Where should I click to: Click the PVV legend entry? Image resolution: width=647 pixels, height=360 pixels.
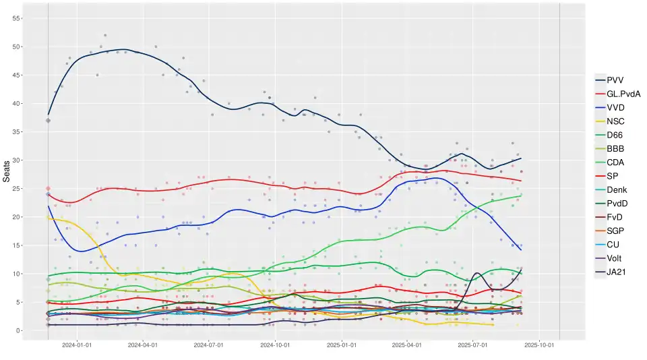click(x=615, y=80)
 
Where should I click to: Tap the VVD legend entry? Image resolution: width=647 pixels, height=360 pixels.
click(x=615, y=107)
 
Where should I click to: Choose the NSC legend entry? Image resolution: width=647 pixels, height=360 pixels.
click(x=615, y=121)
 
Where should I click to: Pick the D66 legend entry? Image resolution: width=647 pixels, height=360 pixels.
click(x=615, y=135)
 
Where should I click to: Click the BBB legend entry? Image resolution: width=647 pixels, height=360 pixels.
click(x=615, y=148)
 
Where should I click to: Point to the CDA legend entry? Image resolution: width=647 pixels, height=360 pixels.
click(x=615, y=162)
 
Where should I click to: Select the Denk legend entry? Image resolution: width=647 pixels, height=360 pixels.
click(x=617, y=189)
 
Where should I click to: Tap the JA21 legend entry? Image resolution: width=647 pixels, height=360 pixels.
click(x=617, y=272)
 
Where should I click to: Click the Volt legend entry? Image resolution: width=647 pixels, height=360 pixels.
click(x=615, y=259)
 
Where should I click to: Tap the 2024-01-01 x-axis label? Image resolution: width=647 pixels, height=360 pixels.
click(x=77, y=345)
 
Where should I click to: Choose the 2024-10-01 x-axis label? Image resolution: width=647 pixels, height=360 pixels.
click(x=275, y=345)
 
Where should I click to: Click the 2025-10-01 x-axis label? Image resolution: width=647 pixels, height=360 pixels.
click(x=538, y=345)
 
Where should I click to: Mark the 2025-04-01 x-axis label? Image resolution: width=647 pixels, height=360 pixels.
click(x=407, y=345)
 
